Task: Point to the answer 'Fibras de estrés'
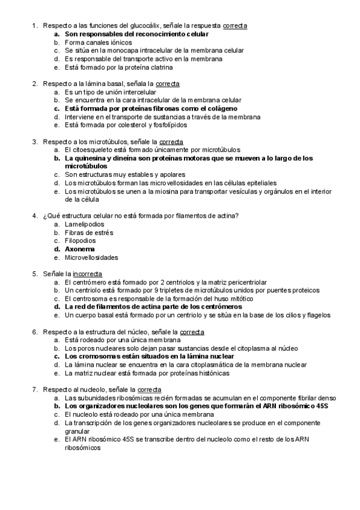click(x=89, y=232)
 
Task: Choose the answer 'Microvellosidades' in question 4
click(x=91, y=257)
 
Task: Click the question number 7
click(x=34, y=390)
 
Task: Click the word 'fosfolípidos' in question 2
click(x=170, y=126)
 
